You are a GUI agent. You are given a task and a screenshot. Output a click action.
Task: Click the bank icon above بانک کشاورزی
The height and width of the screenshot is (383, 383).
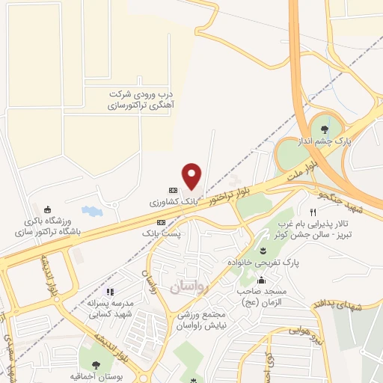(x=173, y=190)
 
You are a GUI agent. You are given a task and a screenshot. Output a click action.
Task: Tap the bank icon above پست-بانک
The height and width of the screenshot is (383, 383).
(x=160, y=222)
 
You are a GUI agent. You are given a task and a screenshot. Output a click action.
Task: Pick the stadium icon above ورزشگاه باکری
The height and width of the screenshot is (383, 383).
(x=49, y=209)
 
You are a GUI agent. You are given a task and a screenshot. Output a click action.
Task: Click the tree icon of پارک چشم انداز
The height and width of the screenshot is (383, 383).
(x=324, y=130)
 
